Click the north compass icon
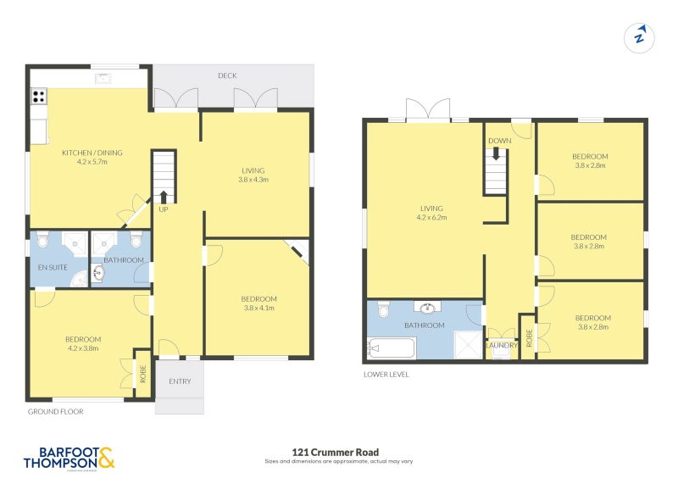click(641, 37)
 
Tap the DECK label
click(227, 76)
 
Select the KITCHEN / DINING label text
click(92, 153)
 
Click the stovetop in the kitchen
click(38, 97)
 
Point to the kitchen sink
click(103, 80)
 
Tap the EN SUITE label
click(52, 267)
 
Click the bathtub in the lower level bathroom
click(391, 348)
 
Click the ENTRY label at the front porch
click(179, 381)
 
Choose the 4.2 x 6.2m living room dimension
click(431, 218)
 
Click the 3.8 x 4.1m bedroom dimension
click(258, 309)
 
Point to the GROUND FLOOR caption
click(54, 412)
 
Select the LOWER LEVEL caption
click(386, 373)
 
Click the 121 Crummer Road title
click(338, 452)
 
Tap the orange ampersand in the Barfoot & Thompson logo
click(106, 459)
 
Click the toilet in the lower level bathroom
click(383, 310)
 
